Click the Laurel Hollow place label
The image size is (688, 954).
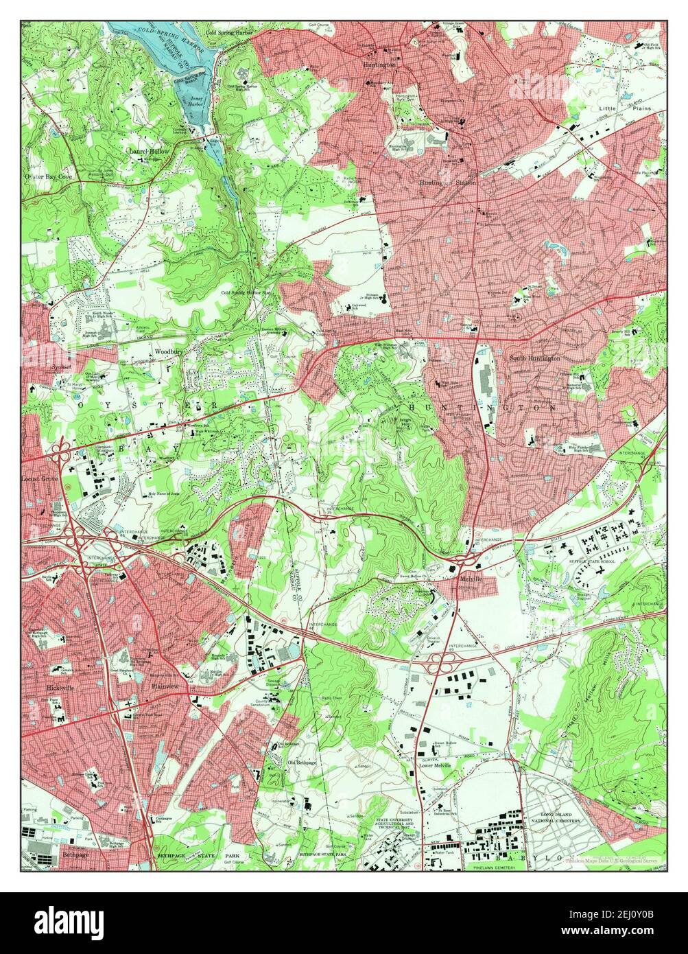pyautogui.click(x=147, y=150)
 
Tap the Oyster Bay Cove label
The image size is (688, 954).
pyautogui.click(x=48, y=176)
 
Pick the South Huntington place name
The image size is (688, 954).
pyautogui.click(x=535, y=358)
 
